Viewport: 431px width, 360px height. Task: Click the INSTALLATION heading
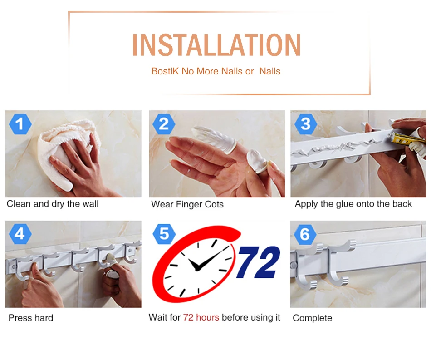coord(216,45)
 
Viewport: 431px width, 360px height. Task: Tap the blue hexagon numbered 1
coord(20,124)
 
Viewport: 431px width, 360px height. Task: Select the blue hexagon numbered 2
coord(164,124)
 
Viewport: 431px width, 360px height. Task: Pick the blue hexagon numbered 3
coord(305,124)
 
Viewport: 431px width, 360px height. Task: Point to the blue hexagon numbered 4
coord(20,234)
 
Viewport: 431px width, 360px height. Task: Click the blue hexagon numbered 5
coord(164,234)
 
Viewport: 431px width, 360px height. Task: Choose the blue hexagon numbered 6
coord(305,234)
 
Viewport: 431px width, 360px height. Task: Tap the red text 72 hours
coord(201,317)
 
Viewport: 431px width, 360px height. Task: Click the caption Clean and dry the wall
coord(53,204)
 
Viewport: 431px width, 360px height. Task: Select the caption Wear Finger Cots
coord(187,204)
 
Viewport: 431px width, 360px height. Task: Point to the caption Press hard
coord(31,318)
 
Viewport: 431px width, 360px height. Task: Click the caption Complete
coord(312,318)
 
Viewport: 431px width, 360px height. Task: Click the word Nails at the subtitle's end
coord(269,71)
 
